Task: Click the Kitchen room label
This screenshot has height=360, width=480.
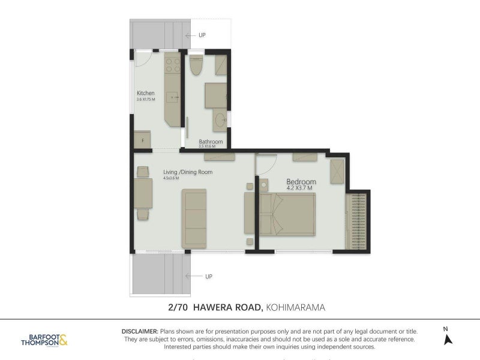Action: coord(146,93)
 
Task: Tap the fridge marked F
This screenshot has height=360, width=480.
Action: coord(142,140)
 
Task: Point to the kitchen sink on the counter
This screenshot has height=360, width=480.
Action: coord(173,96)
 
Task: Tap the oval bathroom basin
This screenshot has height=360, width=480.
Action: coord(220,119)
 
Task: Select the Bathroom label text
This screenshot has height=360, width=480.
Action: coord(211,142)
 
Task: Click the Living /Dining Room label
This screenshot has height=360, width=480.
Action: coord(188,172)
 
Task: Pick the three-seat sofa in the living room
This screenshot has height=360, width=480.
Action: coord(194,218)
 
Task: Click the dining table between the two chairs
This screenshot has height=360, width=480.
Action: coord(143,193)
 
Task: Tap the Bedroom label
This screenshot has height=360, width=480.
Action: coord(301,181)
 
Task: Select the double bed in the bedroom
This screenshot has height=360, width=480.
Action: coord(287,214)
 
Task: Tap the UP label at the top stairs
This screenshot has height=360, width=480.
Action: coord(202,35)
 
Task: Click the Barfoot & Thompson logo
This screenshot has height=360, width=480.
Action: coord(44,340)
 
